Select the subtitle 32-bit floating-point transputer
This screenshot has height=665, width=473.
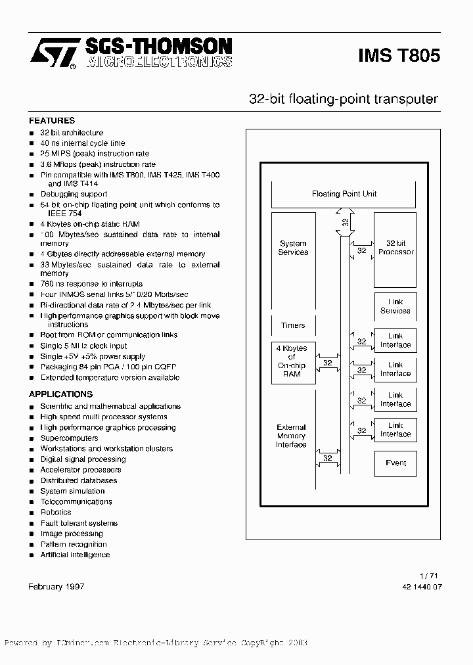(343, 99)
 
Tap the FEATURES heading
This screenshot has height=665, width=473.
(52, 121)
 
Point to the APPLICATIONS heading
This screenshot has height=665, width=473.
(60, 394)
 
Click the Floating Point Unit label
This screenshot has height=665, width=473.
(344, 194)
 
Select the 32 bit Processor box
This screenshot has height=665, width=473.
(395, 248)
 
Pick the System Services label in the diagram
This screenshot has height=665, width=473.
(293, 248)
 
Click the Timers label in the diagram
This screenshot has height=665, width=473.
(293, 325)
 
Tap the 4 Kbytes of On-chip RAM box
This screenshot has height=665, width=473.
(292, 361)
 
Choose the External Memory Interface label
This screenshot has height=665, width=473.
(291, 436)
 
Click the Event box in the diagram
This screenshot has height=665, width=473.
(395, 463)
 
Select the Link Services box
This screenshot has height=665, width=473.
(395, 306)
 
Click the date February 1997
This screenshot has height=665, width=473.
(56, 586)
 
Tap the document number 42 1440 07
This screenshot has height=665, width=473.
(421, 587)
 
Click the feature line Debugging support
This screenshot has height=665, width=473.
(74, 195)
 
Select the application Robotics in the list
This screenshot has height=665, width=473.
(56, 513)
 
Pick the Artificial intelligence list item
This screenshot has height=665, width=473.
(75, 555)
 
